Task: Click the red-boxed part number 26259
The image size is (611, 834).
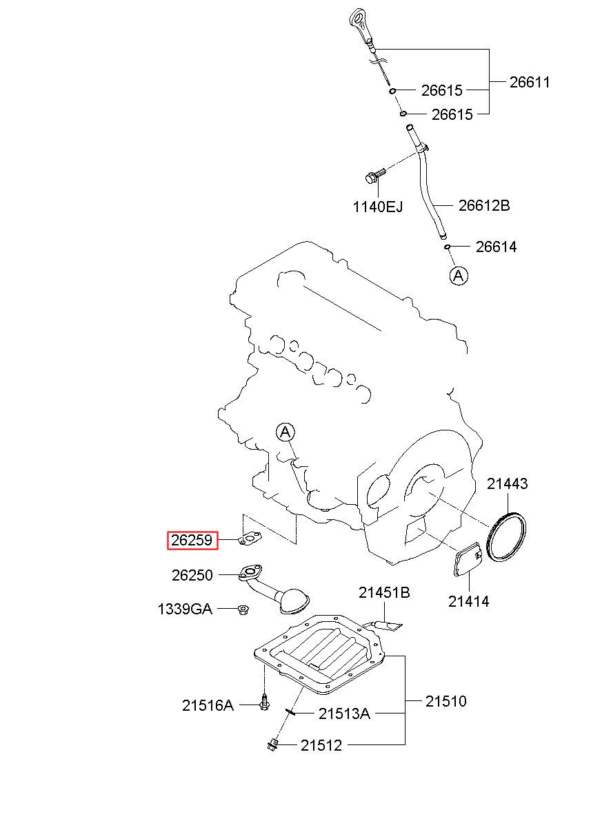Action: (x=192, y=541)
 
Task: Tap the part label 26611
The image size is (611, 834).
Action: (x=530, y=82)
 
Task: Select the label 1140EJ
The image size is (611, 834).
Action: (x=378, y=206)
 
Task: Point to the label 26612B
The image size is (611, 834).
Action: (x=484, y=205)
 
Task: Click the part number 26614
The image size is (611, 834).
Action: (x=496, y=247)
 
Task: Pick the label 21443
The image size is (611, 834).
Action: (x=508, y=483)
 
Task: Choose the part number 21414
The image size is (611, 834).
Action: (x=469, y=601)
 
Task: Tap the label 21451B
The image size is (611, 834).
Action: (x=383, y=592)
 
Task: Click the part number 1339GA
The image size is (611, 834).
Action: (x=185, y=609)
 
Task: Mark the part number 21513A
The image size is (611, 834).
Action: (x=344, y=714)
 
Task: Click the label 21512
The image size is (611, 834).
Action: (x=321, y=745)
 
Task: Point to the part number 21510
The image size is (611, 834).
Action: (x=445, y=702)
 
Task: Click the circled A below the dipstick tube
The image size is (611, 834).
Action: (x=459, y=276)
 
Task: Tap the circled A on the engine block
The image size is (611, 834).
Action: (x=286, y=432)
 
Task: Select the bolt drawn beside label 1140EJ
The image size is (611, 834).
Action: (x=372, y=178)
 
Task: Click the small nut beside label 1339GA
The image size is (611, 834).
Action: (x=243, y=609)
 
